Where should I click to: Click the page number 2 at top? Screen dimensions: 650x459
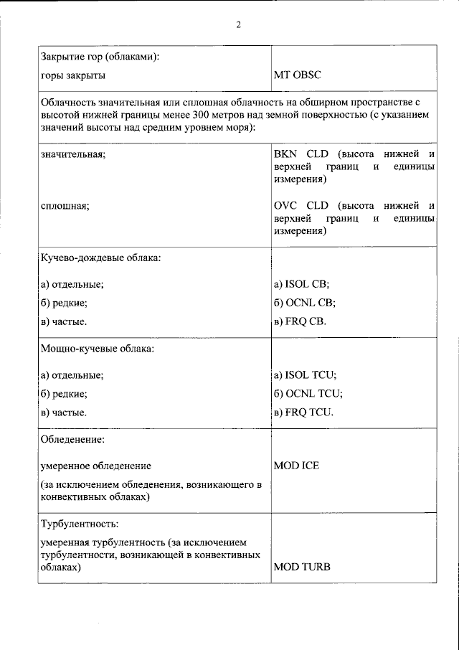coord(238,25)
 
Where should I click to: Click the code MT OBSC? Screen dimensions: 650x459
coord(297,75)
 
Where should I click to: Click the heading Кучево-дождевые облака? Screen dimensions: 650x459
coord(100,258)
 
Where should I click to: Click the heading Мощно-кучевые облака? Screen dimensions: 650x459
coord(97,349)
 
